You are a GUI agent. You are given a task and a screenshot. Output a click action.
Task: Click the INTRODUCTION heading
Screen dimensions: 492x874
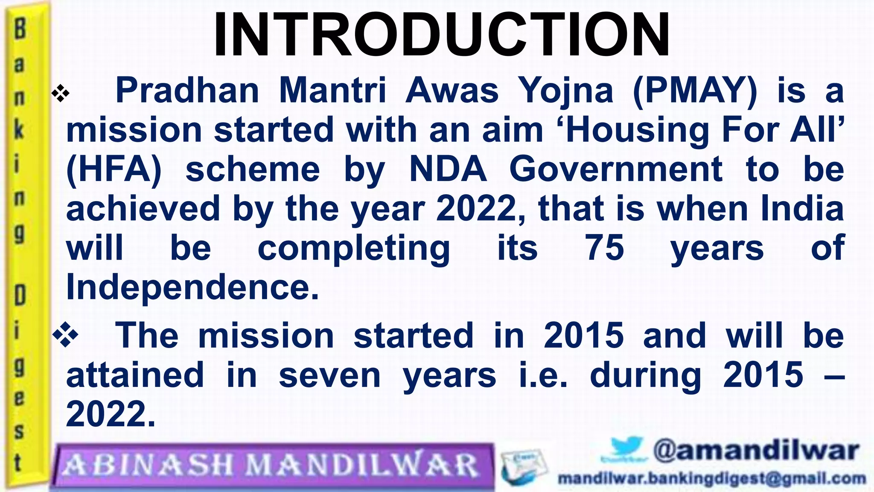point(441,35)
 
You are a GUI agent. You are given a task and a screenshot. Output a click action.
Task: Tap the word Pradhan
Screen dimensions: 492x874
point(187,91)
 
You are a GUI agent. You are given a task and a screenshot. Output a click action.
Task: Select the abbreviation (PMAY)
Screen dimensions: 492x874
point(695,91)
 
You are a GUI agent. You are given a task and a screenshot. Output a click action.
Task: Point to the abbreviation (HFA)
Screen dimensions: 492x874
point(114,170)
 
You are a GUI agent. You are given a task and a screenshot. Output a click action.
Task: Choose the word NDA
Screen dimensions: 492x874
point(448,170)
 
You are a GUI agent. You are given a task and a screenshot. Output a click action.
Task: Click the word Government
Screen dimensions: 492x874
point(616,170)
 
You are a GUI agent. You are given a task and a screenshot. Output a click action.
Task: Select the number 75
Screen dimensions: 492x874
point(604,248)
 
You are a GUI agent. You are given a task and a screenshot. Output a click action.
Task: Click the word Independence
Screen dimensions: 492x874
point(192,287)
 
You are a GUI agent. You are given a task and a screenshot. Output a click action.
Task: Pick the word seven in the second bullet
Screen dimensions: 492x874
point(329,375)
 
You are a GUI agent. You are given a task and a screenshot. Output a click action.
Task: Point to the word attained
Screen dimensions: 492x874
point(135,375)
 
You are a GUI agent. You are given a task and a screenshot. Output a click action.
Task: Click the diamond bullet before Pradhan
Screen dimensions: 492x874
point(60,94)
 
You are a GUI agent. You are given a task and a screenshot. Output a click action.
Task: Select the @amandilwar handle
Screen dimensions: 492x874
point(755,451)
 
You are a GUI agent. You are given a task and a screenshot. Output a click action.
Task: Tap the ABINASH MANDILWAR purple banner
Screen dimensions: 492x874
point(273,466)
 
